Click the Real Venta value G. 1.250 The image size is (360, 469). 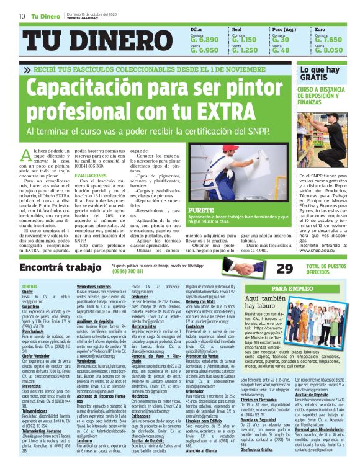pos(245,51)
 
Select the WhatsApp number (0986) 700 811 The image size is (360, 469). pos(129,272)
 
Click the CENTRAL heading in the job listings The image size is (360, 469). pos(30,286)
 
